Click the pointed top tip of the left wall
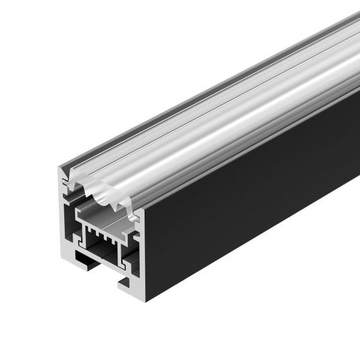[x=61, y=169]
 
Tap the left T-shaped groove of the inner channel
[x=80, y=240]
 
